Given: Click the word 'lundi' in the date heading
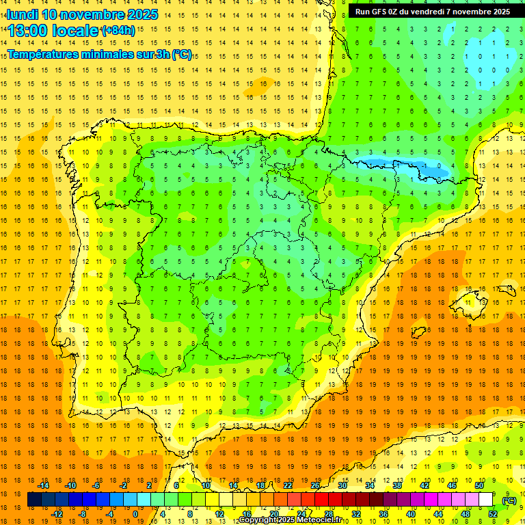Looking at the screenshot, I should tap(22, 14).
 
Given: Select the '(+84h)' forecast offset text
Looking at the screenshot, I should tap(118, 31).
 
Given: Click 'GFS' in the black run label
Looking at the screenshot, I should tap(383, 12).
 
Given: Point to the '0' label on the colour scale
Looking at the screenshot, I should tap(135, 514).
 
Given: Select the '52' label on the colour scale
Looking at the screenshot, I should tap(493, 514).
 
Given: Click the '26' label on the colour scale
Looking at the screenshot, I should tap(315, 485).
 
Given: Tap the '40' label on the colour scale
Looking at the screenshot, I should tap(410, 514).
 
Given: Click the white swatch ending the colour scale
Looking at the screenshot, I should tap(486, 500).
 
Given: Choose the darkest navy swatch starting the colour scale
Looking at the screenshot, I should tap(34, 500).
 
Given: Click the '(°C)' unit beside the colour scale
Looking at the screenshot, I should tap(509, 500).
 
